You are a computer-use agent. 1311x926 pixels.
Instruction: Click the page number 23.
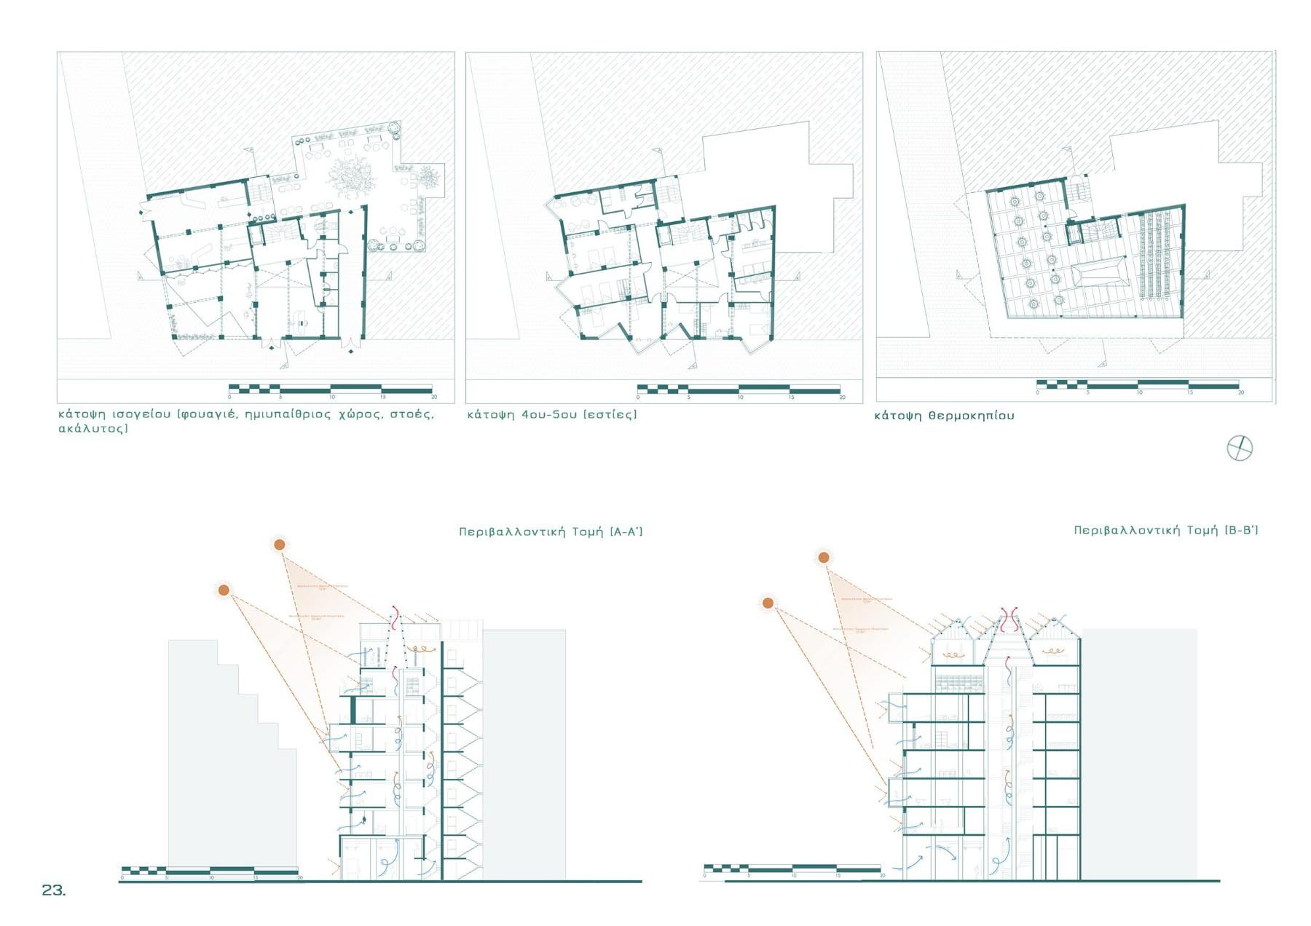click(53, 890)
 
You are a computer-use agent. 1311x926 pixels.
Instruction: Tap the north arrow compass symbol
click(1240, 448)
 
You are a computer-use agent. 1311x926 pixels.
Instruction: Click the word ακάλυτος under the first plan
click(92, 428)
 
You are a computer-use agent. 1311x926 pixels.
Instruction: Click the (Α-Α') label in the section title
click(626, 531)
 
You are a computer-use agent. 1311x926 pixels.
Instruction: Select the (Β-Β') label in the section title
click(1241, 530)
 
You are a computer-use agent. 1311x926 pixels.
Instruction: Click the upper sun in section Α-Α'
click(279, 545)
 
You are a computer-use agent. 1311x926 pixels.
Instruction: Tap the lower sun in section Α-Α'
click(224, 590)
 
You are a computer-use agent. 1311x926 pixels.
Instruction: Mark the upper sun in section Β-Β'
click(823, 558)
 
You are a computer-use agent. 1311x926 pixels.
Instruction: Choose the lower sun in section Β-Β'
click(768, 603)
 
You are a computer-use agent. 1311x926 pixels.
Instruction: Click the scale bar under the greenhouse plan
click(1137, 384)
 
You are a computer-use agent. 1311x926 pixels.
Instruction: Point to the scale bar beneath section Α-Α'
click(210, 871)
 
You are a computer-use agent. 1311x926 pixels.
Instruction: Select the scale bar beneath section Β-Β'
click(792, 868)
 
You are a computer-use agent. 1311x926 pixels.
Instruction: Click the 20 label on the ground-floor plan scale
click(434, 397)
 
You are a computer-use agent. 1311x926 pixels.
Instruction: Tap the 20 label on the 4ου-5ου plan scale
click(842, 397)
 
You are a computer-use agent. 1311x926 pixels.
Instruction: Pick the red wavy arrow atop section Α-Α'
click(394, 617)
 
